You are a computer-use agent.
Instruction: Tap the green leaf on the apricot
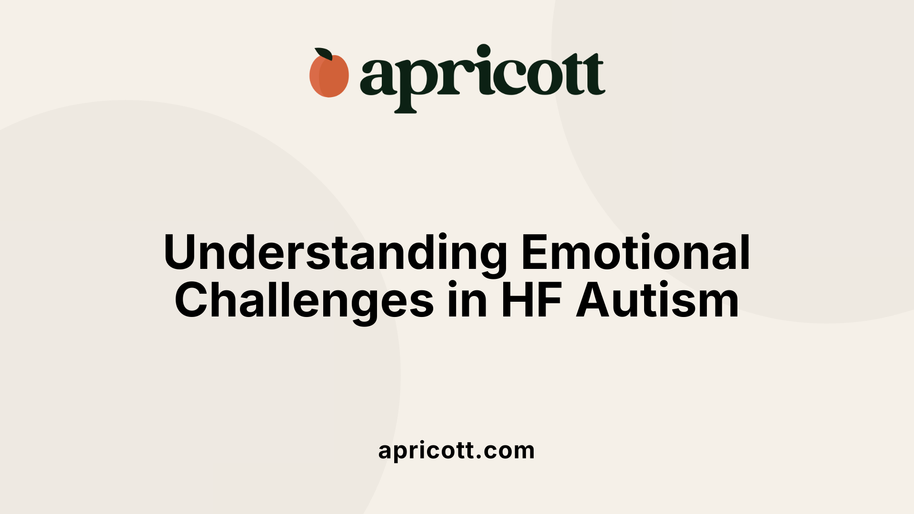324,54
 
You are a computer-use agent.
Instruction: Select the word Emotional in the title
636,252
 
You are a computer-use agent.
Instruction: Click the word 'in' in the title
467,301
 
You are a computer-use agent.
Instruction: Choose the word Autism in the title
657,301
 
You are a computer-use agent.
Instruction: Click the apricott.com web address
457,450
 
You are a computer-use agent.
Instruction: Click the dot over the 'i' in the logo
484,51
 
